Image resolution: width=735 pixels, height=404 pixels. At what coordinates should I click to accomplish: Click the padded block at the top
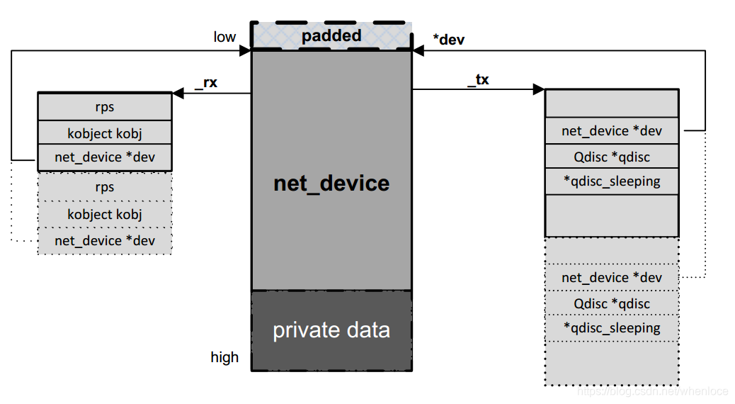[331, 36]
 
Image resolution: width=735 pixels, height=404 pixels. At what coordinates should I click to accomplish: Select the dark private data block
[331, 330]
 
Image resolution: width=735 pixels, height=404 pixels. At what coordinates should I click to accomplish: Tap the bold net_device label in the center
[331, 184]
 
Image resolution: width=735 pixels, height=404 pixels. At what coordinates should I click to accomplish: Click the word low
[224, 37]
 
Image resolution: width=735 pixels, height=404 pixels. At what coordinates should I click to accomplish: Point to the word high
[224, 357]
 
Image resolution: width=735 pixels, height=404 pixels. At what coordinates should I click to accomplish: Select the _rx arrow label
[205, 82]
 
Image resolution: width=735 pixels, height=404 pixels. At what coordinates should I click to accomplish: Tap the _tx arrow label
[478, 79]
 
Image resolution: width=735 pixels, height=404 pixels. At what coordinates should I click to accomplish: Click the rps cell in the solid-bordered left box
[105, 108]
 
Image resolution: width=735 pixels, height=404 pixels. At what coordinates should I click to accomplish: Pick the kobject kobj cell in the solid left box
[105, 133]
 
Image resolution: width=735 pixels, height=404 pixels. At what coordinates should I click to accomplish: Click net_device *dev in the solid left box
[105, 157]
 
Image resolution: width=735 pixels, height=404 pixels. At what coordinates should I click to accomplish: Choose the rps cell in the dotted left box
[105, 187]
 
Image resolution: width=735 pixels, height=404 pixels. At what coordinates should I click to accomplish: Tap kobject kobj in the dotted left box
[105, 214]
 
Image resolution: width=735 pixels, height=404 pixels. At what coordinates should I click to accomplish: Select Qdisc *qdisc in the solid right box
[612, 157]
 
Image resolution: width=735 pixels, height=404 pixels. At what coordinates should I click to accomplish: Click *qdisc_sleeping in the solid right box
[612, 181]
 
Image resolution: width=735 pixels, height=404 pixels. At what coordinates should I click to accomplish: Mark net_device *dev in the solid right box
[612, 131]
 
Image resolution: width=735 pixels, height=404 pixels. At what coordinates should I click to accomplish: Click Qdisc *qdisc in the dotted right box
[612, 303]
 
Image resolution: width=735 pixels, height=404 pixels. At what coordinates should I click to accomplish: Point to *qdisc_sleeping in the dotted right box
[612, 328]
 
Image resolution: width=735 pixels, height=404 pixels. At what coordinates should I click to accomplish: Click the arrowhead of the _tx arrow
[539, 90]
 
